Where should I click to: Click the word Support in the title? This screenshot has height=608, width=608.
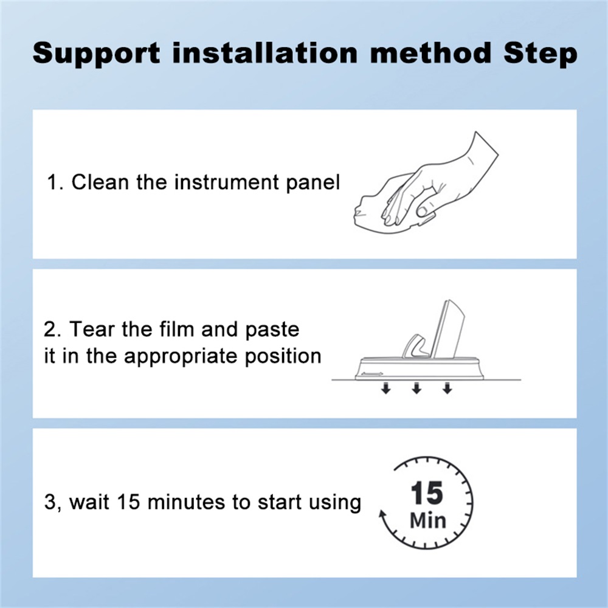96,54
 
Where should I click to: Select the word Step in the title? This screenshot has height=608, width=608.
540,54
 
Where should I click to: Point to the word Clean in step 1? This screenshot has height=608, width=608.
100,182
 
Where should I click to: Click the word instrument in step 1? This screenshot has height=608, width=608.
226,182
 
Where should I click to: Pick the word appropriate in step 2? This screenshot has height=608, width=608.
181,357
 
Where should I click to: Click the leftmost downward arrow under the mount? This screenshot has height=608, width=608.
385,388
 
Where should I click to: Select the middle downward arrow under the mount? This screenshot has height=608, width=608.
416,388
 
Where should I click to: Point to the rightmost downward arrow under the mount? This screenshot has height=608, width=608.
447,388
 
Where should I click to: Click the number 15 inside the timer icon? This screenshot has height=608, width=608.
427,493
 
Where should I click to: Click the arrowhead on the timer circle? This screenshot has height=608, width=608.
382,514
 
